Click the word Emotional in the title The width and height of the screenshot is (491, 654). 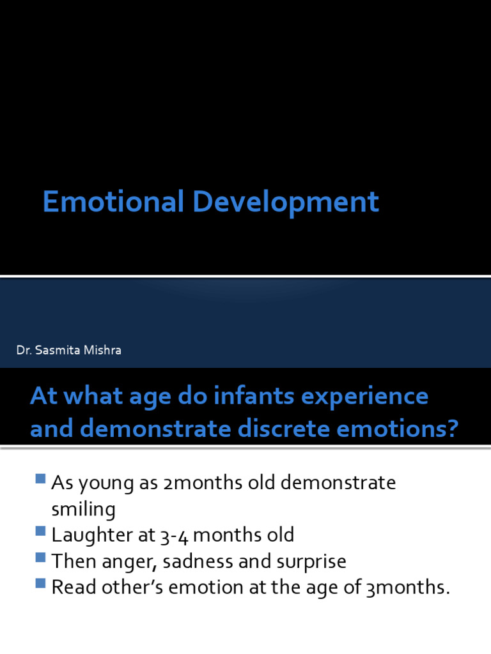pos(113,202)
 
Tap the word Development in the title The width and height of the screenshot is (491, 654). pos(285,203)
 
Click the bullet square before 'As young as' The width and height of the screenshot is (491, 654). pos(41,478)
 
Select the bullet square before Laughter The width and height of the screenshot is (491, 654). pos(41,531)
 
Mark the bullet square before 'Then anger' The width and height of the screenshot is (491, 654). pos(41,558)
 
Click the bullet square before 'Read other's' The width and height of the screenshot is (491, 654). pos(41,584)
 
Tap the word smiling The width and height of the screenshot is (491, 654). pos(83,510)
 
